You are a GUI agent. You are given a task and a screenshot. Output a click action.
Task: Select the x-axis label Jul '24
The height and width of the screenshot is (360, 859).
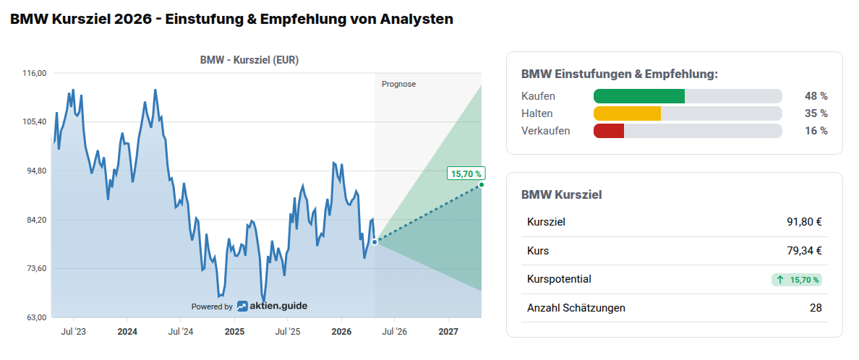pos(180,332)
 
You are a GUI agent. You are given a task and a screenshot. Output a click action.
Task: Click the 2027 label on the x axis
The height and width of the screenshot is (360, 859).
pos(448,332)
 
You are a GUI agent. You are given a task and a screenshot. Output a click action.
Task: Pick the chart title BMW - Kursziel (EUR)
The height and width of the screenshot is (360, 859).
pos(249,61)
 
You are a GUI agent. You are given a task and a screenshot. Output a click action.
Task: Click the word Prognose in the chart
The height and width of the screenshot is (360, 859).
pos(398,84)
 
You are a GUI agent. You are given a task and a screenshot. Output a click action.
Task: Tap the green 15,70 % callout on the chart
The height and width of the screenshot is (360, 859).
pos(466,173)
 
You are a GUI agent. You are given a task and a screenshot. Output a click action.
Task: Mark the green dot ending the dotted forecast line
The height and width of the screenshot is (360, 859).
pos(482,185)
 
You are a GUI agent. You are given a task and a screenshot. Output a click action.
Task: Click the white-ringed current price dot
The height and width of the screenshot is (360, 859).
pos(375,242)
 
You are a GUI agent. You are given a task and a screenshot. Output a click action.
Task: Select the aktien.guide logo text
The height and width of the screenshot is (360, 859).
pos(278,306)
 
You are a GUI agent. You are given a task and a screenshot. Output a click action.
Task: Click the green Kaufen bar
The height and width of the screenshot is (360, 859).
pos(638,96)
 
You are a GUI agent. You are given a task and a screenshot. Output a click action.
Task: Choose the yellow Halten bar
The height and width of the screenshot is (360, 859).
pos(627,113)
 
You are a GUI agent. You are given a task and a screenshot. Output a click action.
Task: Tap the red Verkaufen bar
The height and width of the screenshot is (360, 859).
pos(608,131)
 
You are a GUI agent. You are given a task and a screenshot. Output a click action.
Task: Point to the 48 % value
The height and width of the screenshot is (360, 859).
pos(816,96)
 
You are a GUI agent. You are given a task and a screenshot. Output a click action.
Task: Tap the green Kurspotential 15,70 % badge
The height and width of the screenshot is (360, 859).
pos(797,280)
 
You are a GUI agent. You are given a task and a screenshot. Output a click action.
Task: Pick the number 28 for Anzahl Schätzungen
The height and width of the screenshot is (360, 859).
pos(816,308)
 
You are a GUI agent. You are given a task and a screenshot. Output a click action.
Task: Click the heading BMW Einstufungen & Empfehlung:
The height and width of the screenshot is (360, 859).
pos(620,74)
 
